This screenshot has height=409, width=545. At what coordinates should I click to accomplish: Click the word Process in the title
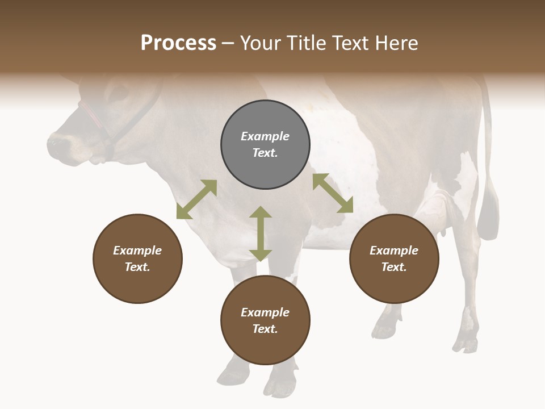[x=178, y=43]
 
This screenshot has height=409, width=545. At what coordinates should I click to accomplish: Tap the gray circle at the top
[x=265, y=145]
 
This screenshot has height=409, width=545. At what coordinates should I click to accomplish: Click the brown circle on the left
[x=137, y=258]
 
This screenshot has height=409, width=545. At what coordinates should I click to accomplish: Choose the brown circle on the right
[x=394, y=258]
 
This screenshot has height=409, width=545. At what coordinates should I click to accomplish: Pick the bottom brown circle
[x=265, y=320]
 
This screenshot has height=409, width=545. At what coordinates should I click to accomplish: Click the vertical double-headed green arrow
[x=261, y=233]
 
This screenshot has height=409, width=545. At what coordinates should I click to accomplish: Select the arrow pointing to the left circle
[x=196, y=199]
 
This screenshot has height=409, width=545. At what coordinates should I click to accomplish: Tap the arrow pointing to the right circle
[x=333, y=193]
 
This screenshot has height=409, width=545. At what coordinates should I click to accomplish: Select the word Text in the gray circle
[x=265, y=153]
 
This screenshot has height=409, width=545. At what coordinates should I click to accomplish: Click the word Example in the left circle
[x=137, y=251]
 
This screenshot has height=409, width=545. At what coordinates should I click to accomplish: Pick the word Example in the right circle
[x=394, y=251]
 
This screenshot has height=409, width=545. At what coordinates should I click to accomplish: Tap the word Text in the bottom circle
[x=265, y=329]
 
